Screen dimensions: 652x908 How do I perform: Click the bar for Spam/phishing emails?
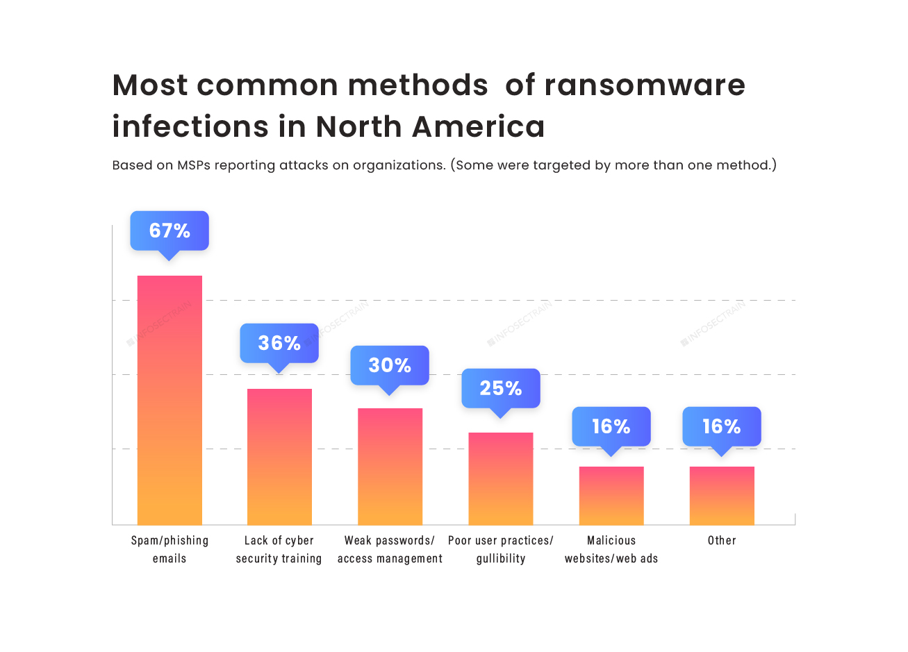(x=170, y=400)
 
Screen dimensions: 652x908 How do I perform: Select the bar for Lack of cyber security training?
(x=279, y=456)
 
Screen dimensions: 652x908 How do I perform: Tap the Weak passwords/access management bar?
(x=390, y=466)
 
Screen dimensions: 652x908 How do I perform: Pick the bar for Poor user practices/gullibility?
(x=500, y=478)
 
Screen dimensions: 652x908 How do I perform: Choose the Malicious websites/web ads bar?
(x=611, y=495)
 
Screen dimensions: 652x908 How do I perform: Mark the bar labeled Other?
(x=722, y=495)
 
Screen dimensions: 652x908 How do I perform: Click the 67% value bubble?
(x=170, y=231)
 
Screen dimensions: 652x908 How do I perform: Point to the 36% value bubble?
(x=279, y=343)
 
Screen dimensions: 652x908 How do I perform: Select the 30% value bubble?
(x=390, y=365)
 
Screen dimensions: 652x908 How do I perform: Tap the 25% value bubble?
(x=500, y=388)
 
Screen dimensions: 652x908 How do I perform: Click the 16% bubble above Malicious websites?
(x=611, y=426)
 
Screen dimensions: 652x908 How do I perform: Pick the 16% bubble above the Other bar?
(x=722, y=426)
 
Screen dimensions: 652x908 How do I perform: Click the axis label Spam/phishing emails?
(x=170, y=549)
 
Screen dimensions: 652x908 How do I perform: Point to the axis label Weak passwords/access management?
(x=390, y=549)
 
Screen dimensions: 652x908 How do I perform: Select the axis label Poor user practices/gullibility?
(x=500, y=549)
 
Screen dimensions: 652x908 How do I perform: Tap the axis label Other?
(x=722, y=540)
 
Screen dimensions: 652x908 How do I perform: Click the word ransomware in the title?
(x=644, y=85)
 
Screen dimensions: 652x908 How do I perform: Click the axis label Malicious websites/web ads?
(x=611, y=549)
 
